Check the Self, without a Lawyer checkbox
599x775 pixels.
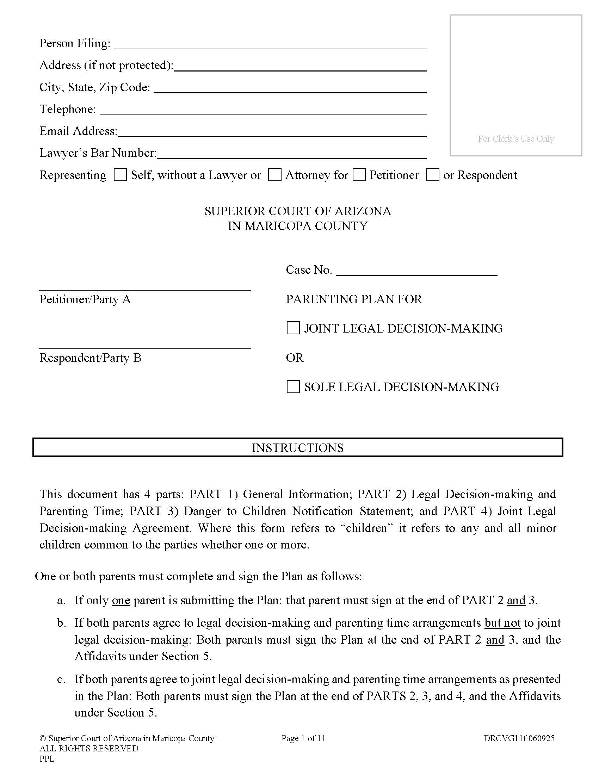click(120, 175)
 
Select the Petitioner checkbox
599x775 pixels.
click(359, 175)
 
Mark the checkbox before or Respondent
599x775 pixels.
click(433, 175)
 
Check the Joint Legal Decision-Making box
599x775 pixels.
click(293, 328)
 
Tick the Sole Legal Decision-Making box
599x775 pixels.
click(293, 386)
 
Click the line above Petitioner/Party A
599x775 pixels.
click(145, 287)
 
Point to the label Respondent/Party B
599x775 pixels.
click(90, 358)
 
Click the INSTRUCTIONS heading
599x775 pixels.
click(297, 448)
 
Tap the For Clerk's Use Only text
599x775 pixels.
click(515, 139)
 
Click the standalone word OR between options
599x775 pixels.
click(295, 358)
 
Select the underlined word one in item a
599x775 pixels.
click(121, 600)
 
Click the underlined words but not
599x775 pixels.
click(502, 623)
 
